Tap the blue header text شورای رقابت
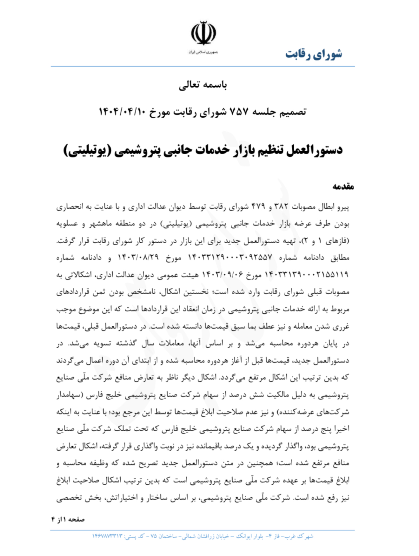coord(314,54)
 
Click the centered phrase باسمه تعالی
coord(203,85)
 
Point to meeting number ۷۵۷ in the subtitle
coord(239,112)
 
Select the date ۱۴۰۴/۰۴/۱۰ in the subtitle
coord(122,112)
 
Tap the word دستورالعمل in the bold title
coord(315,150)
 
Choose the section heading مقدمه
coord(343,186)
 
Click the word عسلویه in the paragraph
coord(67,224)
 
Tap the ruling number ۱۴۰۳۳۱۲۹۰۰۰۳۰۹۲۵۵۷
coord(230,258)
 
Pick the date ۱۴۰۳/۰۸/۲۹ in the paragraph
coord(138,258)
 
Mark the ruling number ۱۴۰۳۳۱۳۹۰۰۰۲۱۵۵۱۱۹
coord(306,274)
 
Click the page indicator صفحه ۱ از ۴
coord(68,520)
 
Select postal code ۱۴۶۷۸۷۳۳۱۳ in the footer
coord(107,536)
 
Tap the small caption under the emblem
coord(203,52)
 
